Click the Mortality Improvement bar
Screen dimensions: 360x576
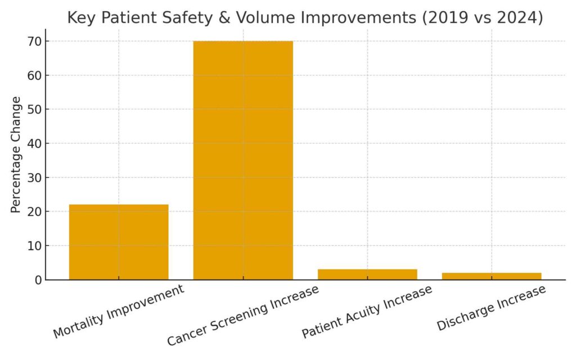pyautogui.click(x=119, y=242)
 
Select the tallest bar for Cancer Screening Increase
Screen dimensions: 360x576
pyautogui.click(x=243, y=160)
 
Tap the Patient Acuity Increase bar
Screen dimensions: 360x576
pyautogui.click(x=367, y=274)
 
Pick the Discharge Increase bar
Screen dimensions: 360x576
pyautogui.click(x=492, y=276)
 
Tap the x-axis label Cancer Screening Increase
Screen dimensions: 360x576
pyautogui.click(x=243, y=315)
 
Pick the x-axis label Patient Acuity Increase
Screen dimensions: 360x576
pyautogui.click(x=367, y=312)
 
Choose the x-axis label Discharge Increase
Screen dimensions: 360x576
pyautogui.click(x=492, y=308)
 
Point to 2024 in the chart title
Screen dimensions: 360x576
pyautogui.click(x=517, y=18)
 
